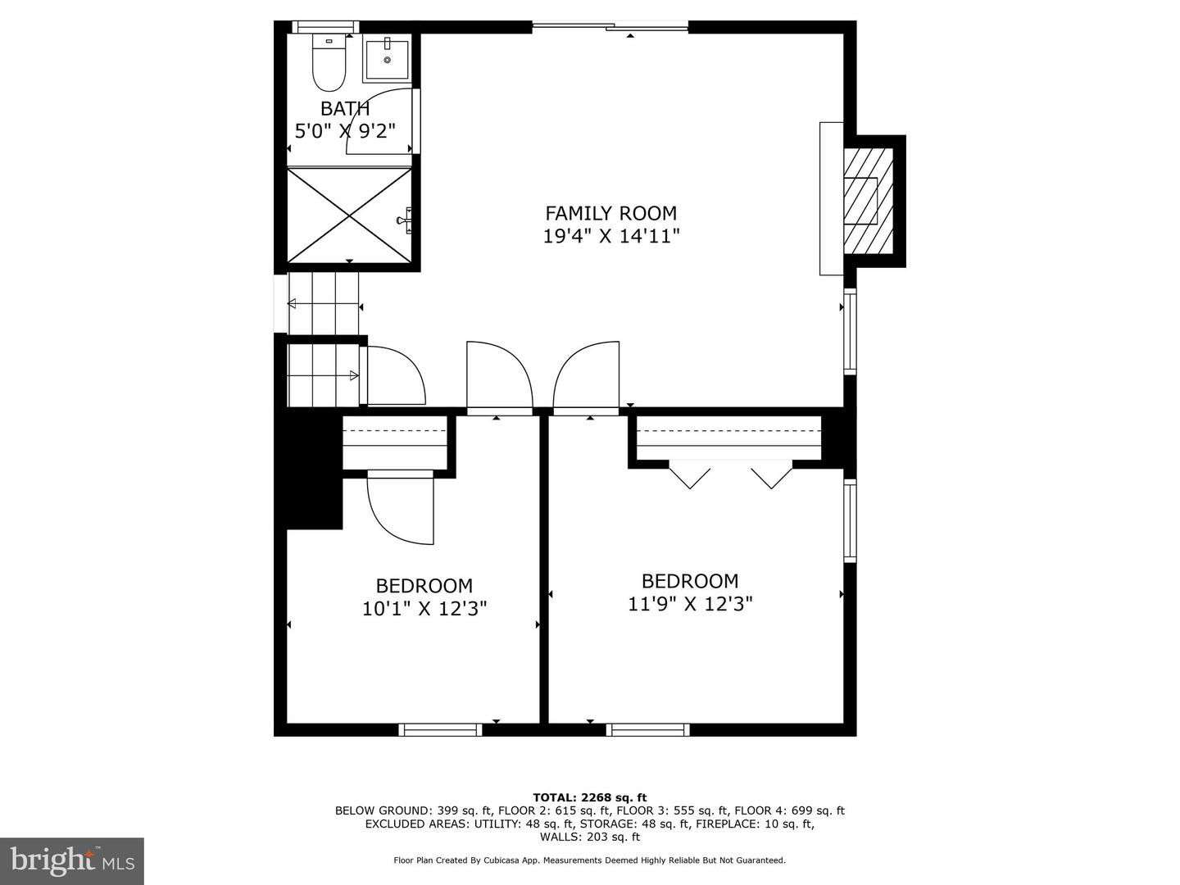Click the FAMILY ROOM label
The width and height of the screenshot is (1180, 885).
pyautogui.click(x=610, y=214)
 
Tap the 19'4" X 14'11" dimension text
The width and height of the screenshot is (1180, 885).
pyautogui.click(x=610, y=237)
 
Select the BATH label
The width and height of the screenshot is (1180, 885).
pyautogui.click(x=344, y=108)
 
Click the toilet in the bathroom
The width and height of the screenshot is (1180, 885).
pyautogui.click(x=329, y=64)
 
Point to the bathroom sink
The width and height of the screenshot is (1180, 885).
pyautogui.click(x=387, y=59)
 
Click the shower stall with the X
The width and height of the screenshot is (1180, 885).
pyautogui.click(x=349, y=215)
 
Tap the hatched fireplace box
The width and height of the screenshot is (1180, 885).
pyautogui.click(x=868, y=201)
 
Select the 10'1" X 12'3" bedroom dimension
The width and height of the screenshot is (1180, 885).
pyautogui.click(x=424, y=609)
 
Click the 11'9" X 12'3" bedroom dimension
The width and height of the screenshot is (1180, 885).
pyautogui.click(x=690, y=604)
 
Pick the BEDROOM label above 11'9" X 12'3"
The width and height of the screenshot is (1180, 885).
pyautogui.click(x=690, y=581)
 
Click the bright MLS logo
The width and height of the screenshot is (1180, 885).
pyautogui.click(x=72, y=860)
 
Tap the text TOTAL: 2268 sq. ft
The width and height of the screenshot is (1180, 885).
pyautogui.click(x=590, y=796)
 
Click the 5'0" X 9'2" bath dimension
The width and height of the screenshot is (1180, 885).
pyautogui.click(x=344, y=130)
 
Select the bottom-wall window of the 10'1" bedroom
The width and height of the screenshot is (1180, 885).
pyautogui.click(x=440, y=729)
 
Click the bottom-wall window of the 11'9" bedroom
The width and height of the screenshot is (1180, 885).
pyautogui.click(x=648, y=729)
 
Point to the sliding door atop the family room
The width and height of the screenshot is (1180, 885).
pyautogui.click(x=610, y=27)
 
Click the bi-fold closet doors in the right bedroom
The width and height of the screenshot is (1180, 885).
pyautogui.click(x=730, y=475)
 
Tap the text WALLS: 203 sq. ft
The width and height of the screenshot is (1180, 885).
pyautogui.click(x=590, y=837)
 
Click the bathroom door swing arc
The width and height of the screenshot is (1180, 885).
pyautogui.click(x=379, y=123)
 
